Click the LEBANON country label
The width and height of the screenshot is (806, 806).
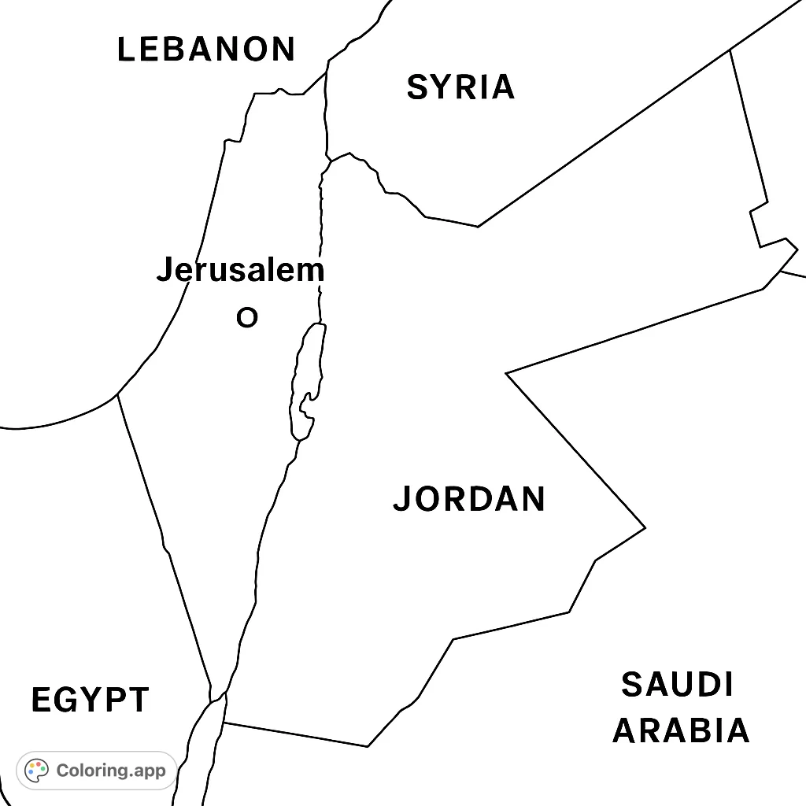coord(206,50)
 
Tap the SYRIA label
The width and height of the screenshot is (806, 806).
coord(460,87)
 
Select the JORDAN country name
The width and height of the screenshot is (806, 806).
coord(469,499)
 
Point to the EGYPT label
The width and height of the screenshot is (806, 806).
coord(91,700)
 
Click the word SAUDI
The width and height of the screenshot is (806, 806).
coord(677,685)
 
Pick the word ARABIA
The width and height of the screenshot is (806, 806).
coord(681,730)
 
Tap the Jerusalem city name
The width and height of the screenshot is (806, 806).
coord(240,271)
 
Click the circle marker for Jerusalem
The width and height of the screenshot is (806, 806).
coord(247,318)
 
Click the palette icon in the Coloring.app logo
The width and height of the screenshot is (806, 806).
coord(37,771)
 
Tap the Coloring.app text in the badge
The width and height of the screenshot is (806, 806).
coord(111,771)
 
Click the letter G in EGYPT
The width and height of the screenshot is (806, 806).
coord(65,700)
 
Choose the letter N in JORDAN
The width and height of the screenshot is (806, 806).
coord(531,499)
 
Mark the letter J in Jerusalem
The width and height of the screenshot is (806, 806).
coord(164,271)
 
